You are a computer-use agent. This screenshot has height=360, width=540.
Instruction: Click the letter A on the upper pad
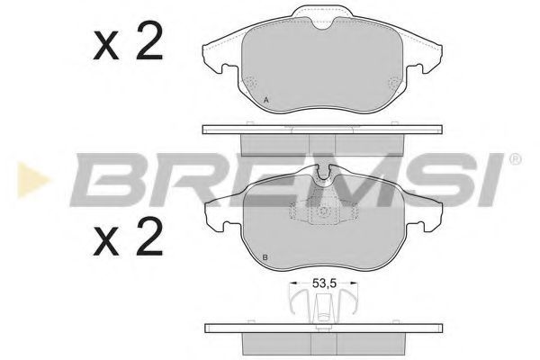tap(265, 100)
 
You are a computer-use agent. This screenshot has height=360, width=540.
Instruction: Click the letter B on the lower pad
tap(265, 257)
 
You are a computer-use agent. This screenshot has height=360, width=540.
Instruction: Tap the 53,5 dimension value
tap(324, 283)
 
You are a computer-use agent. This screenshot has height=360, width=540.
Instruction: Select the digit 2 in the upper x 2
tap(149, 40)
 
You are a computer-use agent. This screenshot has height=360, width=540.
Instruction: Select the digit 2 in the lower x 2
tap(149, 237)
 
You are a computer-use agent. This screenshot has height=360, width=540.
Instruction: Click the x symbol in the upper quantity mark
tap(106, 46)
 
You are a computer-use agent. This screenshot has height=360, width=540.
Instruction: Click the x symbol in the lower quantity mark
tap(106, 242)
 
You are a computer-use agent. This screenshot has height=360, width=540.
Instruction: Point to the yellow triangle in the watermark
tap(32, 180)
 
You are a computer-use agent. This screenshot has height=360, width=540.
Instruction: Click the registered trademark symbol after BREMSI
tap(515, 159)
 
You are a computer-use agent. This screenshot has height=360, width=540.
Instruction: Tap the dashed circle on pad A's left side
tap(251, 84)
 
